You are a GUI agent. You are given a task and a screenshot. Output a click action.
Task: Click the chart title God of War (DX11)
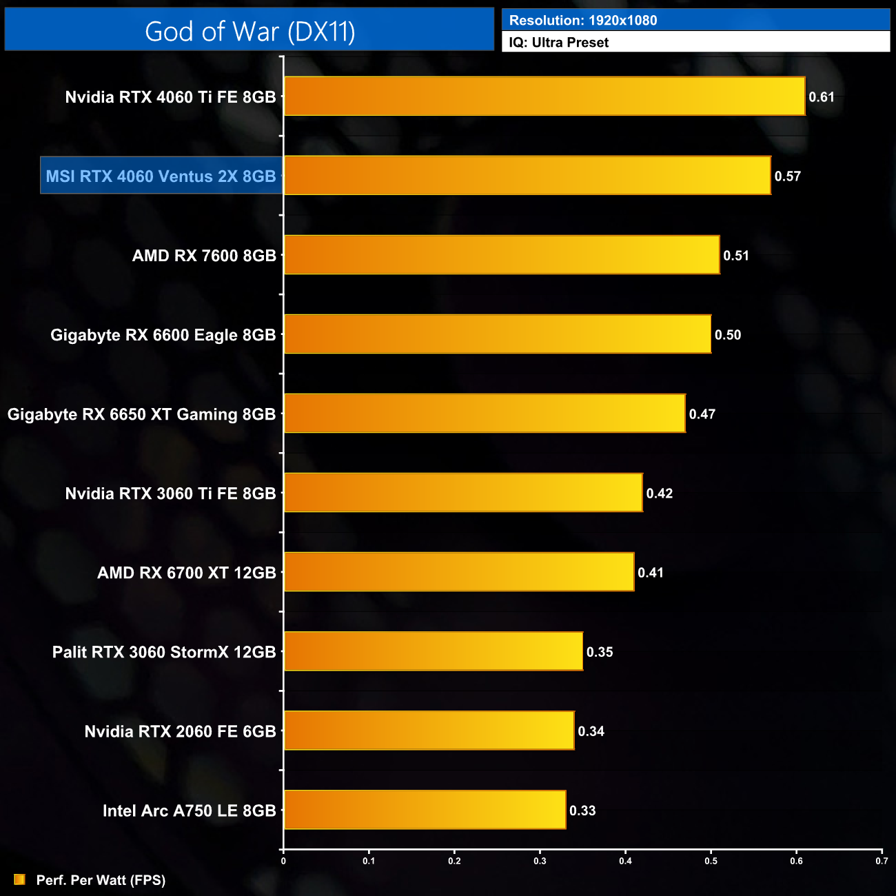[x=250, y=32]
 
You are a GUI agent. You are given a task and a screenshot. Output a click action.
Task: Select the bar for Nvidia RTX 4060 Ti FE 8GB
[x=544, y=96]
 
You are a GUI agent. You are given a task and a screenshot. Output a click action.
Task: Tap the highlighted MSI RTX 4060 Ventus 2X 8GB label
[x=161, y=176]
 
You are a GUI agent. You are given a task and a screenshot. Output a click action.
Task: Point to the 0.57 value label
[x=787, y=176]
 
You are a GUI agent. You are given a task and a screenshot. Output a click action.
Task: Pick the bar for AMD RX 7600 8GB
[x=502, y=255]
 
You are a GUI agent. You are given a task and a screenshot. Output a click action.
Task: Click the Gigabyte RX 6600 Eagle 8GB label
[x=163, y=335]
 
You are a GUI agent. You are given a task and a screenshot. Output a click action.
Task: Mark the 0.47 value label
[x=702, y=414]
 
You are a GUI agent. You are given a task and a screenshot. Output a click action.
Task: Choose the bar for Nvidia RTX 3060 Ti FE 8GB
[x=463, y=493]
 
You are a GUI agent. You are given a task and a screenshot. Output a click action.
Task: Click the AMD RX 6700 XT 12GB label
[x=187, y=573]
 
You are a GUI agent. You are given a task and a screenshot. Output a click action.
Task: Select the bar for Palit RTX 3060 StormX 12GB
[x=434, y=651]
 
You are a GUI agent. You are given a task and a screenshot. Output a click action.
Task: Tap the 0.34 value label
[x=591, y=731]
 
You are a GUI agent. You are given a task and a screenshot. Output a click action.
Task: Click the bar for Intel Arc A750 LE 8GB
[x=425, y=810]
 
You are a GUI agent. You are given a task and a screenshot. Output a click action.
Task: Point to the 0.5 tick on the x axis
[x=711, y=861]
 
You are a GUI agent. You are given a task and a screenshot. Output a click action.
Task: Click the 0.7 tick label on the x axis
[x=882, y=861]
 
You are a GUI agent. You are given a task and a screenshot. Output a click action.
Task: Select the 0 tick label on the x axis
[x=283, y=861]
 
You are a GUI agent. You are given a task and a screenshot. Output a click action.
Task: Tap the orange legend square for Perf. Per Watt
[x=19, y=879]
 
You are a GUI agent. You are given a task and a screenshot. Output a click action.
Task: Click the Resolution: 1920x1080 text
[x=583, y=21]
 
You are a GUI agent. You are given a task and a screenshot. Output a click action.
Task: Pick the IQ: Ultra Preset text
[x=559, y=43]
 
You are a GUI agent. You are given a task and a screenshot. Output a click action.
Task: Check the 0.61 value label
[x=822, y=97]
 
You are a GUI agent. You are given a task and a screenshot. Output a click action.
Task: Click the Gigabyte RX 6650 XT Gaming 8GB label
[x=141, y=414]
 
